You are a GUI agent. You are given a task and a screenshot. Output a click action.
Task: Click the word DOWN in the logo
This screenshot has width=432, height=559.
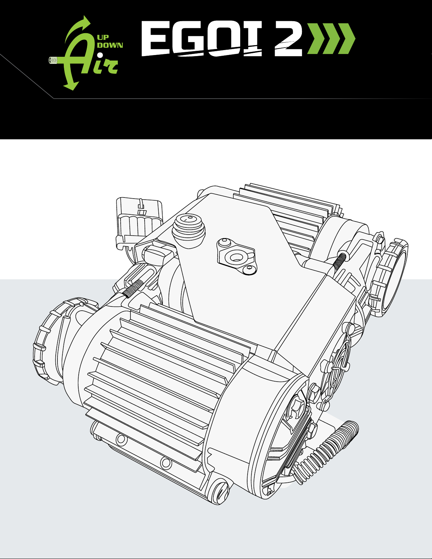click(110, 45)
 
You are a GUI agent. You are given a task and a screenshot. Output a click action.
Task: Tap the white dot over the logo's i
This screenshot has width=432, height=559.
click(100, 55)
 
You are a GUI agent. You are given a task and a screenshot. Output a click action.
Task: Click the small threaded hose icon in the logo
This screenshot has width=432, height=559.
click(54, 60)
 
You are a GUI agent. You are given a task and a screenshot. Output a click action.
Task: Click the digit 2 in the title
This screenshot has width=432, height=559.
click(288, 39)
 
